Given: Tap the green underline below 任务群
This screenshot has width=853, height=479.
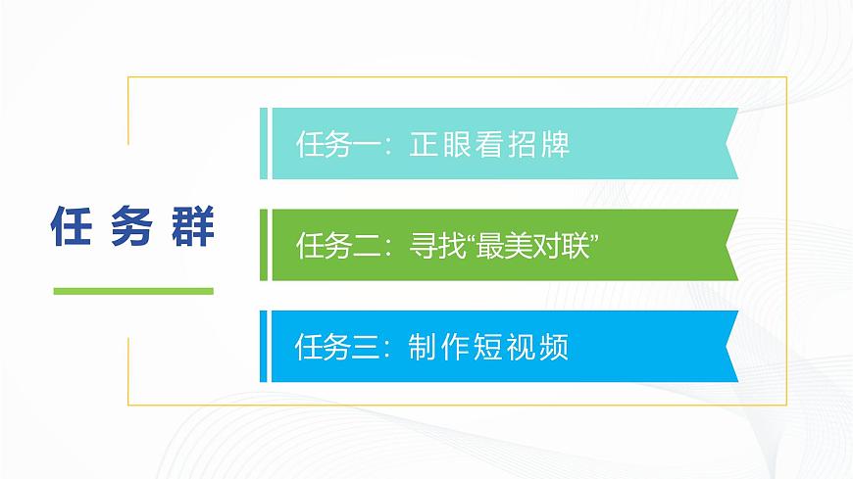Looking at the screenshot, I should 132,291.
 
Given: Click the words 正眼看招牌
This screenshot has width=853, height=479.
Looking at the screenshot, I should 489,146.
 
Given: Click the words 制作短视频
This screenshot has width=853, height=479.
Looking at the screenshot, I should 489,348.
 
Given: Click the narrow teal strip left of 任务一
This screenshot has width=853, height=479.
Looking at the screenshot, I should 264,144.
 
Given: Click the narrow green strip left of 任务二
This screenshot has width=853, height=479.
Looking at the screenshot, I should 264,245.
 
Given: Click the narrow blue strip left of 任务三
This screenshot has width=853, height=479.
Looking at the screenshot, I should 264,346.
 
